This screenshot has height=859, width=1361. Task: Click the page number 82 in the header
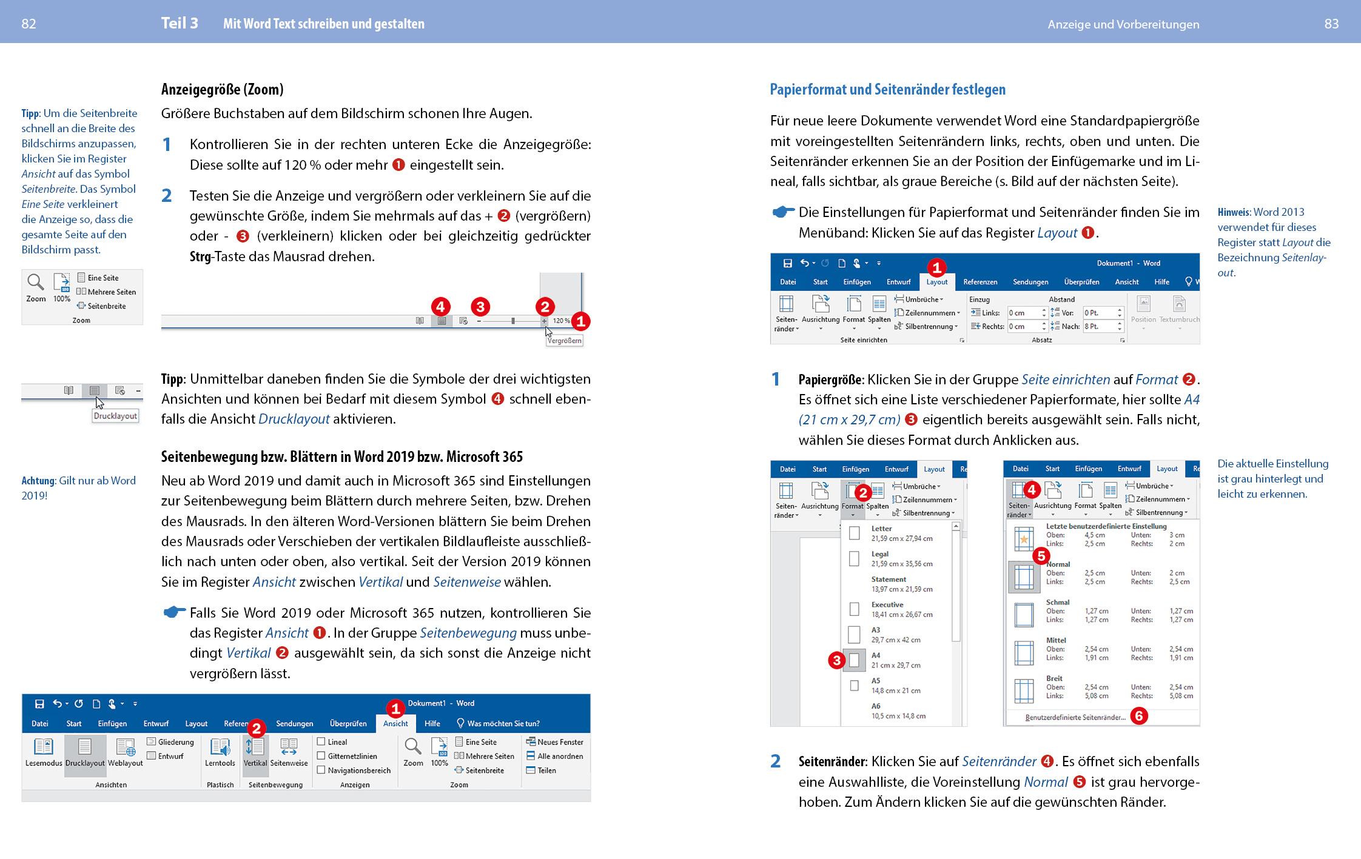pyautogui.click(x=29, y=24)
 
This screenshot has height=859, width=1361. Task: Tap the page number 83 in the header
pyautogui.click(x=1331, y=24)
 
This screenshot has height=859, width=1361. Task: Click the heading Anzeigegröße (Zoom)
pyautogui.click(x=222, y=90)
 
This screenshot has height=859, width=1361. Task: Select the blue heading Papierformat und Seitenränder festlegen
pyautogui.click(x=887, y=90)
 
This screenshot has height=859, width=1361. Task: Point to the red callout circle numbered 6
pyautogui.click(x=1139, y=717)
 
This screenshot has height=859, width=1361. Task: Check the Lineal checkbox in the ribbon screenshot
pyautogui.click(x=321, y=742)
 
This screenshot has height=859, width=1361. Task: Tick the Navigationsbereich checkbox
pyautogui.click(x=321, y=770)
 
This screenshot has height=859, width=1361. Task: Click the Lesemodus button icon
pyautogui.click(x=43, y=747)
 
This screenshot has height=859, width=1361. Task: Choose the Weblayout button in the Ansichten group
pyautogui.click(x=126, y=752)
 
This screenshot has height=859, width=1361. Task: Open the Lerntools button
pyautogui.click(x=220, y=752)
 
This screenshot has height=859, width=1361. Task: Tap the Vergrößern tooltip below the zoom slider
pyautogui.click(x=564, y=341)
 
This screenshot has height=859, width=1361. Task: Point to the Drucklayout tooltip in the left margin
pyautogui.click(x=115, y=416)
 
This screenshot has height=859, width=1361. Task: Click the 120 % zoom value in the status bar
pyautogui.click(x=561, y=321)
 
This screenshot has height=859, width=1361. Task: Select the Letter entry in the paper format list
pyautogui.click(x=881, y=529)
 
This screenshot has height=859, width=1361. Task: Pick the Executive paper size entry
pyautogui.click(x=887, y=605)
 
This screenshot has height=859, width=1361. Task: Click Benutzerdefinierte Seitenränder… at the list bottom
pyautogui.click(x=1075, y=718)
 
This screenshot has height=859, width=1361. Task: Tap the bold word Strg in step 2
pyautogui.click(x=200, y=256)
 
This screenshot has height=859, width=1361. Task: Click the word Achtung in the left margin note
pyautogui.click(x=38, y=481)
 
